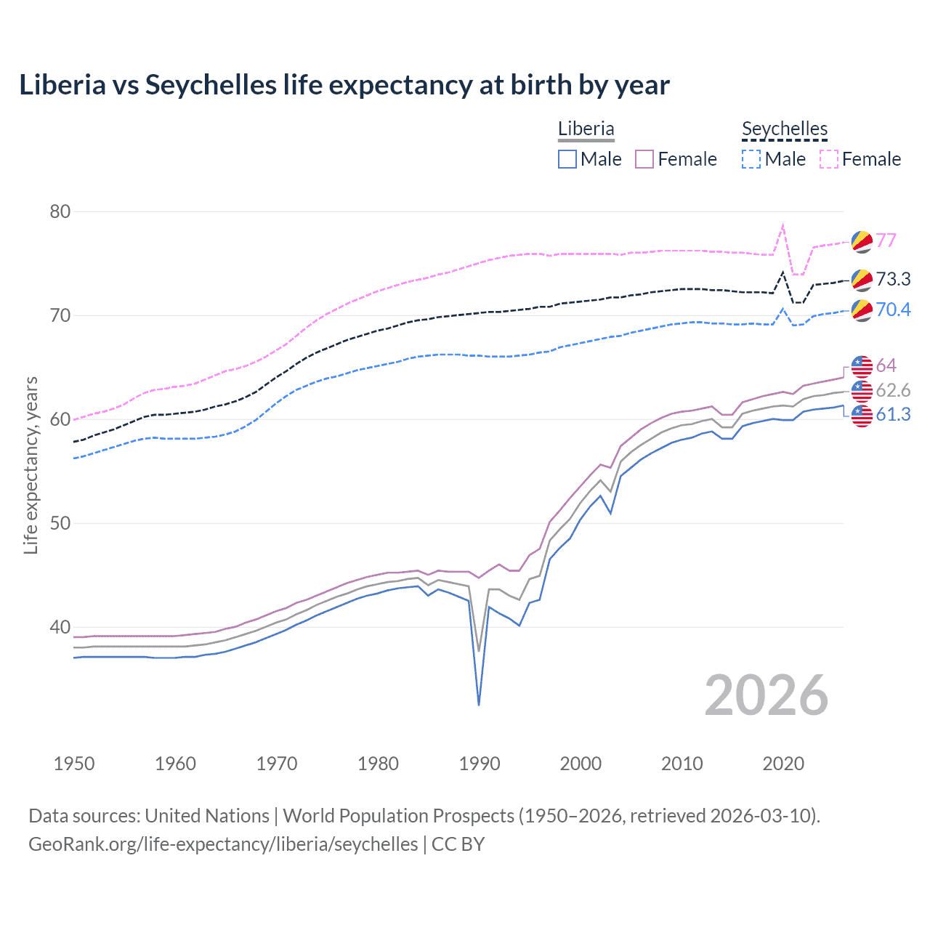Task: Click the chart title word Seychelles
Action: coord(211,85)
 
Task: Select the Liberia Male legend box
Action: coord(567,159)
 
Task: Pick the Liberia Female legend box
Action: coord(644,159)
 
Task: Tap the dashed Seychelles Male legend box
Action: coord(751,159)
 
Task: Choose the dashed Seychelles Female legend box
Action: coord(829,159)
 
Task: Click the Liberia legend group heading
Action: coord(586,129)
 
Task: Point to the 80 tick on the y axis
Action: coord(60,211)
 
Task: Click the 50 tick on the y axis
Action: coord(60,523)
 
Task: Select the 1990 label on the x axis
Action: coord(480,764)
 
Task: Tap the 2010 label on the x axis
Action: coord(682,764)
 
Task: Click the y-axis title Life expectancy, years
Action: coord(31,465)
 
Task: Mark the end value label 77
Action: coord(886,240)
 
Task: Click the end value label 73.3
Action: coord(893,279)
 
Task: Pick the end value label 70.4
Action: coord(893,310)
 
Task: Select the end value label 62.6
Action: coord(893,390)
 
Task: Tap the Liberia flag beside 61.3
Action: coord(862,416)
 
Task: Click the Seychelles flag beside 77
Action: coord(862,241)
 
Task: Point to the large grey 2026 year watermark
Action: coord(766,695)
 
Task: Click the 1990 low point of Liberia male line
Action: coord(479,705)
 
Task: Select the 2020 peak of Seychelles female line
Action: coord(783,225)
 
